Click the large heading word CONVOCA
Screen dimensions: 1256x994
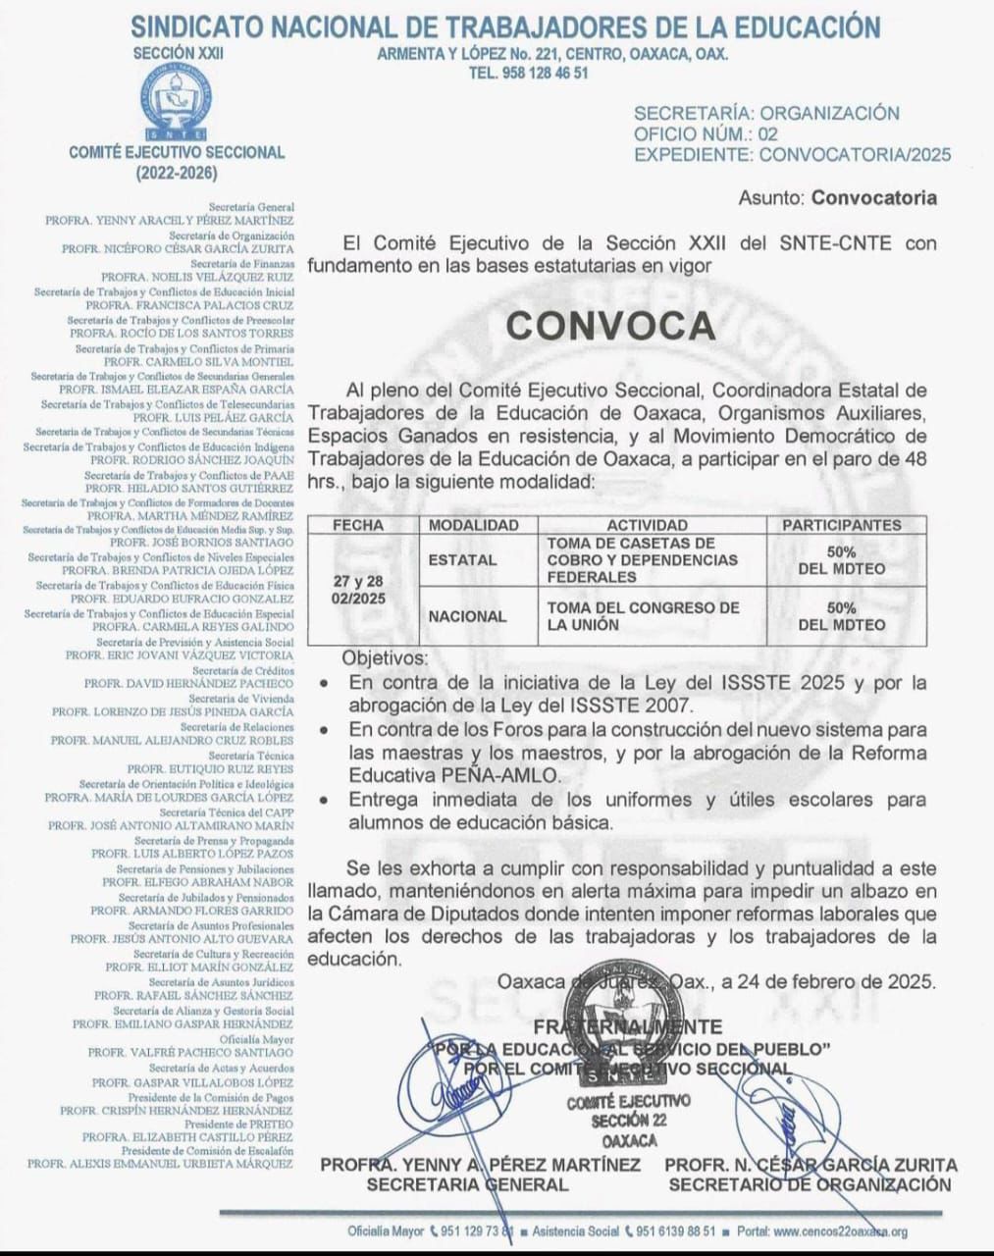[x=610, y=325]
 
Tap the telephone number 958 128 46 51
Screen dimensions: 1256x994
[x=529, y=73]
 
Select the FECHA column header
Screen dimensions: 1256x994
[x=358, y=525]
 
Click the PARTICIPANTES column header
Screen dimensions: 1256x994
[x=841, y=525]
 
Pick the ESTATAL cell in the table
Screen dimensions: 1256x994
[x=462, y=559]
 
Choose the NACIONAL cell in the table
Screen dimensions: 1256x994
[x=467, y=616]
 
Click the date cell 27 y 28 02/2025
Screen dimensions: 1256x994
[x=358, y=589]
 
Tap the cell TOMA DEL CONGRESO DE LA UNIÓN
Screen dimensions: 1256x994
[x=643, y=616]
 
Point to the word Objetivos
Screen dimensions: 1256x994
[x=385, y=658]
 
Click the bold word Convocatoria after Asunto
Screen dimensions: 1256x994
[x=873, y=198]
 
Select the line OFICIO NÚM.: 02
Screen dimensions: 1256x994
[x=706, y=133]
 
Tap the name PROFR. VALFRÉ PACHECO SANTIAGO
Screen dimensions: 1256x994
[x=190, y=1053]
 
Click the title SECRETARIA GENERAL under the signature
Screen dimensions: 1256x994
[x=467, y=1184]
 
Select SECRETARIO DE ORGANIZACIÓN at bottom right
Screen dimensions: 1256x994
[x=810, y=1184]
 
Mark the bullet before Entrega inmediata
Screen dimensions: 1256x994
[x=325, y=801]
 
